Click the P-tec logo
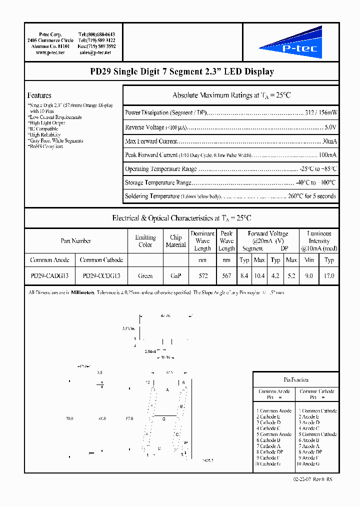290,44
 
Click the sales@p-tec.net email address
95,52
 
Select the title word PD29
100,72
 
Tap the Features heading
39,95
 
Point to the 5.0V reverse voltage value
330,127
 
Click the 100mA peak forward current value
327,155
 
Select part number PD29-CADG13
50,275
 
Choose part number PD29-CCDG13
101,275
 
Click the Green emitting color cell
145,275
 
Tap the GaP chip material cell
175,275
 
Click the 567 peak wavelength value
226,275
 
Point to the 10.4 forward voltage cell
259,275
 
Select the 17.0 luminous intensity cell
329,275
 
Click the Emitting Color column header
145,241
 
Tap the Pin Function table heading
296,379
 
